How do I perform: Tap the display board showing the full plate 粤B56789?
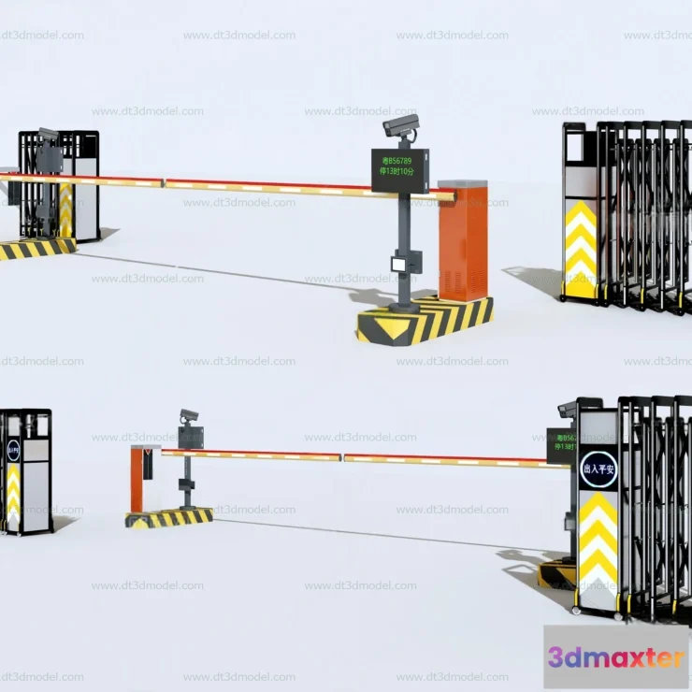coord(400,169)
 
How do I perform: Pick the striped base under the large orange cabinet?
coord(425,320)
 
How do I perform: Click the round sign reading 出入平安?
coord(598,469)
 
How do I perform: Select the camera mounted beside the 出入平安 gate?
coord(568,409)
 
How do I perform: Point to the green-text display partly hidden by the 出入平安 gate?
coord(559,445)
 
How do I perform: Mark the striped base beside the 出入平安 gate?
coord(554,573)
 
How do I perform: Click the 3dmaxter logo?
coord(615,657)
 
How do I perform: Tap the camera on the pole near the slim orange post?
coord(190,414)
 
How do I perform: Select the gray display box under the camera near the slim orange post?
coord(192,437)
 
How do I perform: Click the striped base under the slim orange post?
coord(169,518)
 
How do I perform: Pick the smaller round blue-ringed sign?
coord(13,451)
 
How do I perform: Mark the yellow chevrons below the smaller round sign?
coord(13,496)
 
